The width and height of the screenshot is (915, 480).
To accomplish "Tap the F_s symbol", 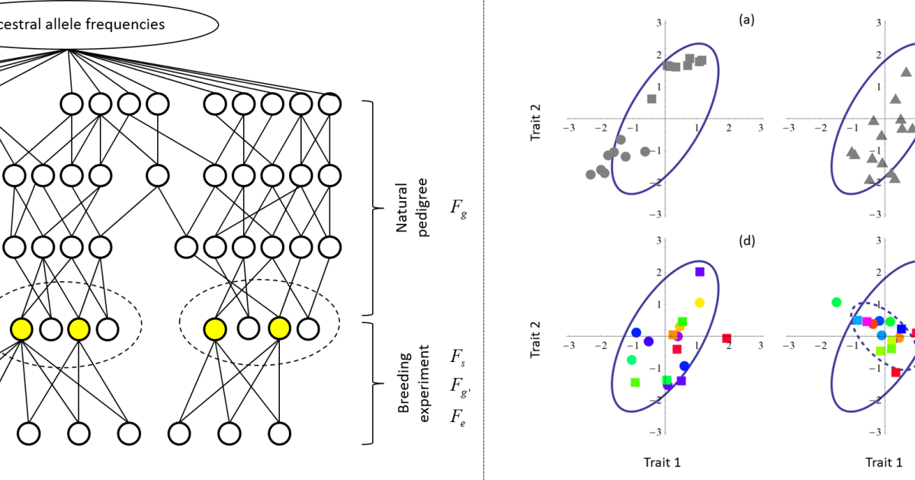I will [x=457, y=357].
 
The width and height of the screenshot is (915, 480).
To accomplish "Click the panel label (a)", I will [x=746, y=21].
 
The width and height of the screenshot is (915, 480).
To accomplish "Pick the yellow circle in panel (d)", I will [x=699, y=302].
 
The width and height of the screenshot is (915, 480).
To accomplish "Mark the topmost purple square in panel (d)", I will [x=700, y=271].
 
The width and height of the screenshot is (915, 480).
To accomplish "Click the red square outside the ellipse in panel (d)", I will [x=727, y=338].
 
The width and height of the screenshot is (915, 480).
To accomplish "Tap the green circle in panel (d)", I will [x=631, y=360].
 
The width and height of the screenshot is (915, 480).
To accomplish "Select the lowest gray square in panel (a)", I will [x=651, y=98].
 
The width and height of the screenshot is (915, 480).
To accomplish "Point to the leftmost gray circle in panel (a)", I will [x=590, y=174].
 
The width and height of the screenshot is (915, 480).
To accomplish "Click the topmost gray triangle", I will [x=906, y=72].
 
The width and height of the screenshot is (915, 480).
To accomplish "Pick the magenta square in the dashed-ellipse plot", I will [x=867, y=322].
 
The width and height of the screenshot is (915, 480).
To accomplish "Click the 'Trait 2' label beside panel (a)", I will [x=535, y=119].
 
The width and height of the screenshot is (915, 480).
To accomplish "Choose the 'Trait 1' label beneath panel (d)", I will [x=664, y=462].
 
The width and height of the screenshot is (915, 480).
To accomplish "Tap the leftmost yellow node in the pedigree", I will [x=21, y=329].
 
